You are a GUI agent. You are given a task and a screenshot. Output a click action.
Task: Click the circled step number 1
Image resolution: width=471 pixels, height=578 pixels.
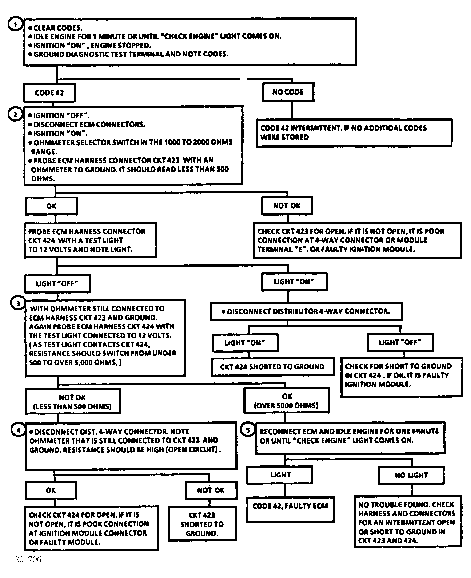[x=15, y=24]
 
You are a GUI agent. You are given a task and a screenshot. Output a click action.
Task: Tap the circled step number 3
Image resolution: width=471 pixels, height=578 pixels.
[x=18, y=303]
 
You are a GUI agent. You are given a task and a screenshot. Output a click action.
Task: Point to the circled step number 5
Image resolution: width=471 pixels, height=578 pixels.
[x=248, y=430]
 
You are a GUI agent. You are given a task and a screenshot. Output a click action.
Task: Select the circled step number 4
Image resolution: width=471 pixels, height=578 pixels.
[x=18, y=430]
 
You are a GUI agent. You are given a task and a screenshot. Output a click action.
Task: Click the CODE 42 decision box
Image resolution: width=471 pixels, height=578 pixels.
[x=50, y=93]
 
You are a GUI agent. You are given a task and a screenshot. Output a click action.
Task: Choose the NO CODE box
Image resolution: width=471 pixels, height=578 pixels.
[x=288, y=92]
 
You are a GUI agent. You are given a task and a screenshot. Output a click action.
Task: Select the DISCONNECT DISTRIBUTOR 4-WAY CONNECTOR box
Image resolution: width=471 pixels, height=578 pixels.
[x=306, y=311]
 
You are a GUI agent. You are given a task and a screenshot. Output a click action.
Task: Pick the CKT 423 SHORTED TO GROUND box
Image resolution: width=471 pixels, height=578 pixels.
[x=202, y=524]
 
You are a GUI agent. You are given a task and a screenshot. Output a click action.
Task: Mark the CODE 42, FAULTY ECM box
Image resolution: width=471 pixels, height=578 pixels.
[x=290, y=510]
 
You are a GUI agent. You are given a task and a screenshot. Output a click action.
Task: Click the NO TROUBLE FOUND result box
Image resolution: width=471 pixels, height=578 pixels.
[x=408, y=521]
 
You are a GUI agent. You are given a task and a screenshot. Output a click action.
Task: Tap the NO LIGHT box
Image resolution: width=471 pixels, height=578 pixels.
[x=411, y=475]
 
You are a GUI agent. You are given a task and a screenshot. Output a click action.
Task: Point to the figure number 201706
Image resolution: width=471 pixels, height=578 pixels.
[x=28, y=559]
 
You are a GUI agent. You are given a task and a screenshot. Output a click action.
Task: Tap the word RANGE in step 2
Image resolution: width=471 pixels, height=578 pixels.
[x=44, y=152]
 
